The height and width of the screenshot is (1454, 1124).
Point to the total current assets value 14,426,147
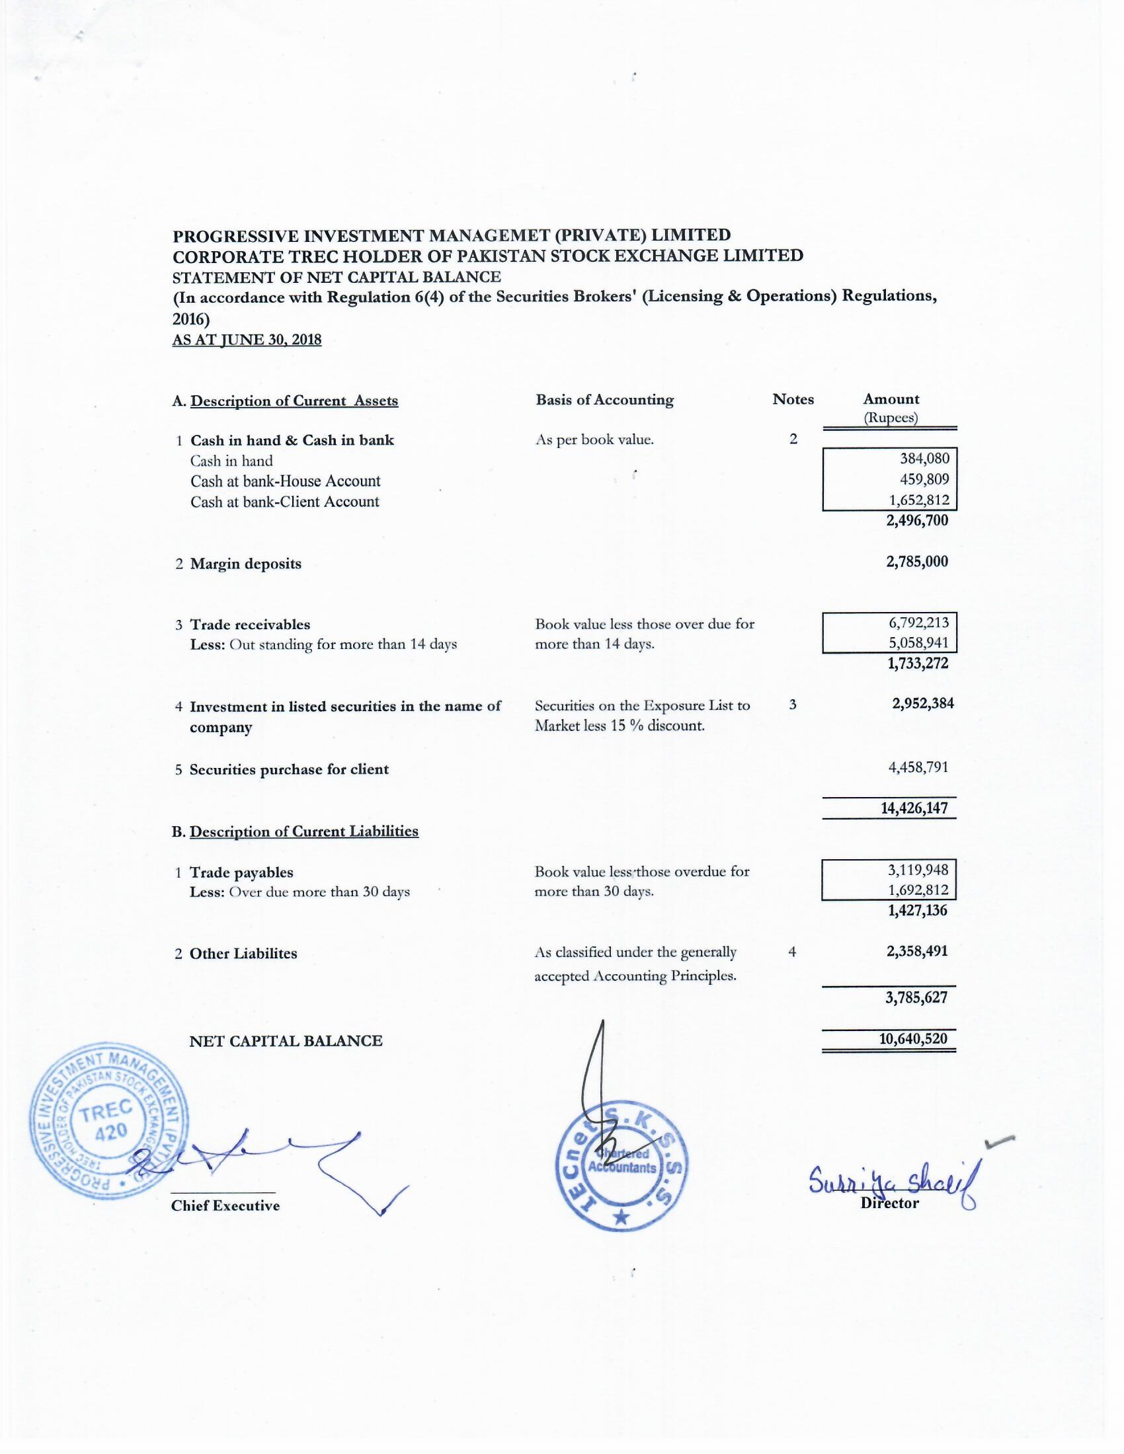coord(914,808)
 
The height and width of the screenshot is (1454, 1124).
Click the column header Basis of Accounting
coord(604,399)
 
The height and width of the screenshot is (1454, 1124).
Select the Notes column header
coord(792,399)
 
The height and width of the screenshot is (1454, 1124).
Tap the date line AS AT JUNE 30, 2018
coord(247,340)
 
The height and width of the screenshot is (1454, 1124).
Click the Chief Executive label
coord(225,1205)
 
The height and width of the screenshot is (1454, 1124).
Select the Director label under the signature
coord(889,1203)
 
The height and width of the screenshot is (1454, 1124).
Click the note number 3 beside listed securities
coord(792,705)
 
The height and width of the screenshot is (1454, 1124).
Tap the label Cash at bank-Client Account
coord(284,502)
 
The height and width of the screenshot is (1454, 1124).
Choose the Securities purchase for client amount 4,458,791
coord(918,767)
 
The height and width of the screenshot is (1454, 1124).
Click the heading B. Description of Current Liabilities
coord(295,831)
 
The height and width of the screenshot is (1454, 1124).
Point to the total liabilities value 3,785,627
coord(916,997)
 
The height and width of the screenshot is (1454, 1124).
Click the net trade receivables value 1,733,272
coord(918,663)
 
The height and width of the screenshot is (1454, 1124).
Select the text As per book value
coord(594,440)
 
